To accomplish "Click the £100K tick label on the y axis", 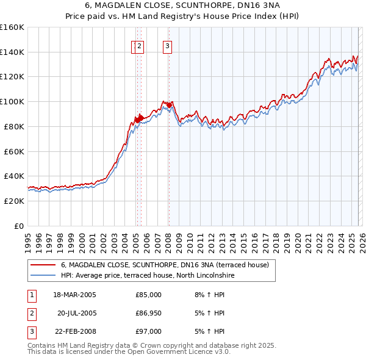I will (12, 101).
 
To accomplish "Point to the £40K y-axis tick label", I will (13, 176).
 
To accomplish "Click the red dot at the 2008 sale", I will (169, 105).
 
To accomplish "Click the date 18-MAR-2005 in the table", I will (74, 295).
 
